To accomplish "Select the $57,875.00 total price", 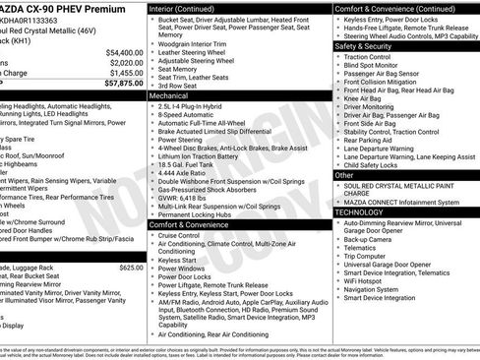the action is (x=123, y=85).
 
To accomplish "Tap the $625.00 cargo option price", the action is (x=130, y=267).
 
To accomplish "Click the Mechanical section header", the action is (x=171, y=96).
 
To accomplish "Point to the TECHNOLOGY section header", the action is (x=359, y=211).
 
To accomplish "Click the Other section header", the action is (x=344, y=175).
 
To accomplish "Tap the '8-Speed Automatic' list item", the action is (x=188, y=115).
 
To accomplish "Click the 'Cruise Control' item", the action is (x=179, y=236).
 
